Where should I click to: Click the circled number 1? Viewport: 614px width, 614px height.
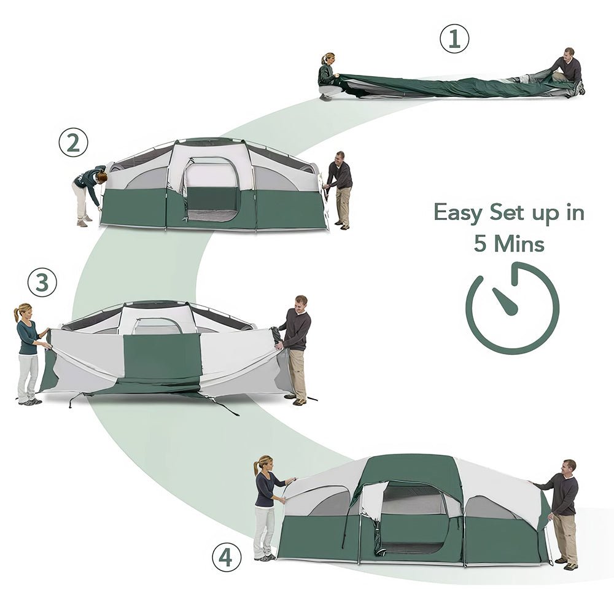tap(454, 38)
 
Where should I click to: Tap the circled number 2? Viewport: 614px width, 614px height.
tap(74, 143)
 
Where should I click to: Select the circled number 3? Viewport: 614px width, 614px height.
tap(42, 282)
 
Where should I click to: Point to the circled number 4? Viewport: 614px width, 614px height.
tap(227, 558)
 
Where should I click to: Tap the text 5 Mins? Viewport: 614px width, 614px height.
tap(509, 244)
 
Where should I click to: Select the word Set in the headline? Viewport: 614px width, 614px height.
tap(507, 212)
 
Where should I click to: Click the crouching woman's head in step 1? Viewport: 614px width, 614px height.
tap(328, 58)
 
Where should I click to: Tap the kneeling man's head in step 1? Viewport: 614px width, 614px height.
tap(569, 53)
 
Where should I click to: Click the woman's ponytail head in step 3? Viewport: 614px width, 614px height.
tap(23, 311)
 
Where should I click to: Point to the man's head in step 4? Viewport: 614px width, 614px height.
tap(569, 467)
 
